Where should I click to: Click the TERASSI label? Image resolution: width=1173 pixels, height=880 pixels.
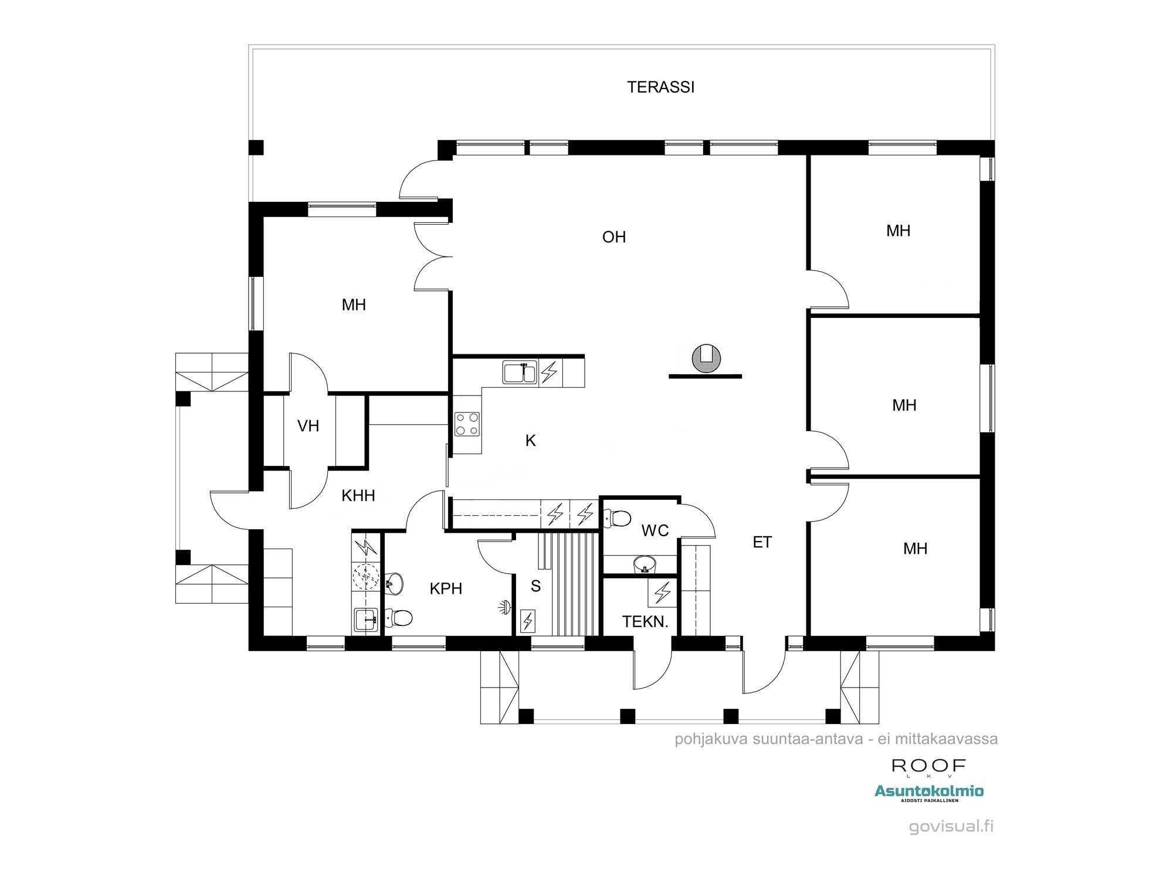[x=660, y=87]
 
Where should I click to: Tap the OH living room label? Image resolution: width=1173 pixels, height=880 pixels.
[x=614, y=237]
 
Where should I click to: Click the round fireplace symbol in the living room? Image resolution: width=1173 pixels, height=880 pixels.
[x=706, y=359]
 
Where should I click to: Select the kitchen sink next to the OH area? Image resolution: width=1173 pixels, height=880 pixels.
[x=520, y=373]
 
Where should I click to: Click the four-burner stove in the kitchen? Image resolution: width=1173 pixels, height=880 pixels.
[x=467, y=424]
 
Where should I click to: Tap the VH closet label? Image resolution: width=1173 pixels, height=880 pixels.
[x=308, y=426]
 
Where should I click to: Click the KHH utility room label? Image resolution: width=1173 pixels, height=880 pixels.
[x=358, y=496]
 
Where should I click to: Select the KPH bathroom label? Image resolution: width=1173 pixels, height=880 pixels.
[x=446, y=588]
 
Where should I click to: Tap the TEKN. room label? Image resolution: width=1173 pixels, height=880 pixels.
[x=645, y=622]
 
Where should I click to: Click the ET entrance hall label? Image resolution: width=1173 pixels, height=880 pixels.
[x=762, y=543]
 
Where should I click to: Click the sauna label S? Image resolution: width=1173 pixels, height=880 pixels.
[x=535, y=586]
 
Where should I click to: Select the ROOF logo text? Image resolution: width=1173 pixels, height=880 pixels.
[x=928, y=766]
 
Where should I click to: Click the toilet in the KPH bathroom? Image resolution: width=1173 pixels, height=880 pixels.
[x=400, y=618]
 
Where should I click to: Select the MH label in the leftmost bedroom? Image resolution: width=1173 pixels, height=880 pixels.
[x=354, y=305]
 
